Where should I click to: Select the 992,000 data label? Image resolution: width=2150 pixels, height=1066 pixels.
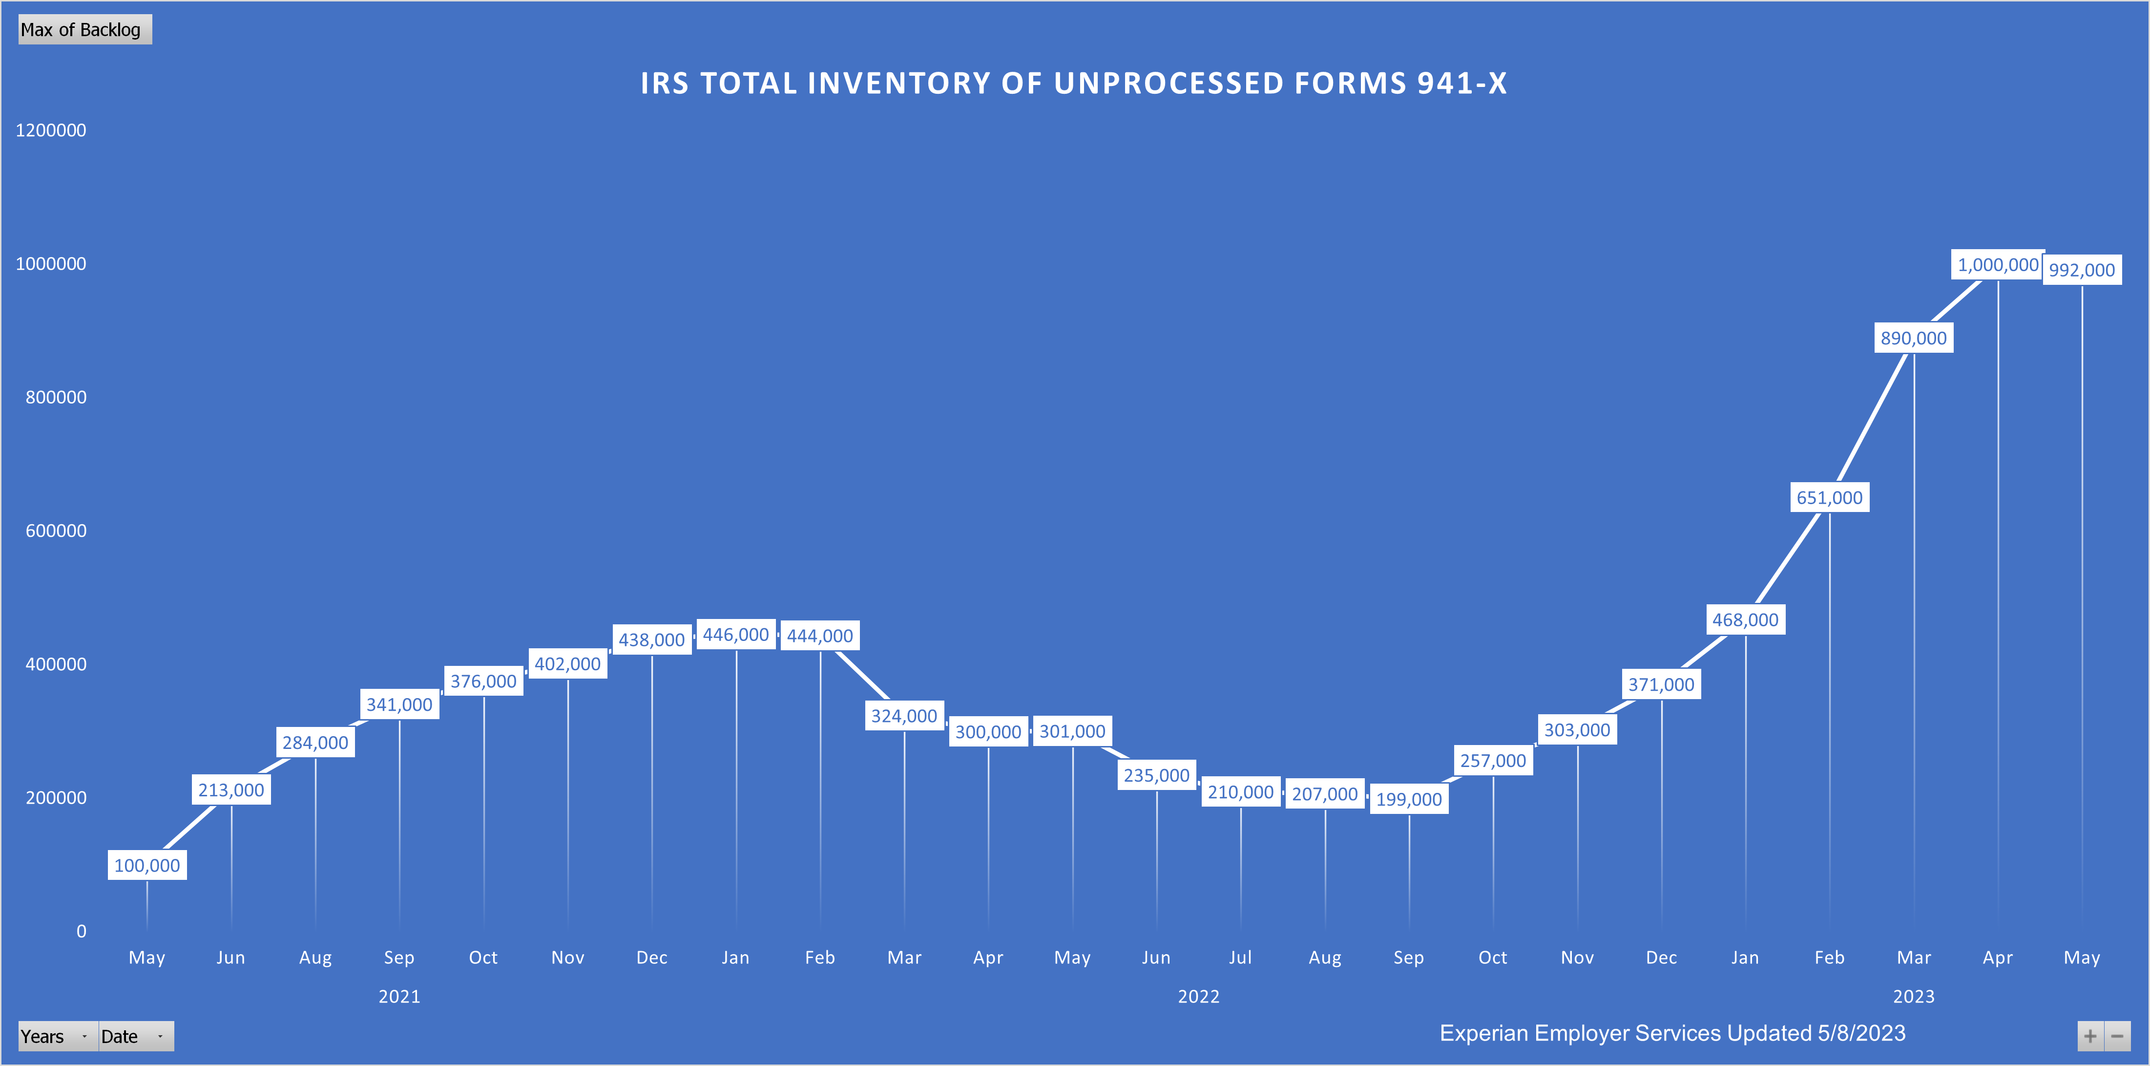[x=2082, y=270]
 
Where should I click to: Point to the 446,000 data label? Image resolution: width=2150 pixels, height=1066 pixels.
[x=735, y=635]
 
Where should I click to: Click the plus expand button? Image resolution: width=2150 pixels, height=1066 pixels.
[x=2090, y=1036]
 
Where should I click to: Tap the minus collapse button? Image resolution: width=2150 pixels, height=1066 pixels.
[x=2117, y=1036]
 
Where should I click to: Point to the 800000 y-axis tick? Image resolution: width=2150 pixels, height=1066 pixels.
[x=56, y=397]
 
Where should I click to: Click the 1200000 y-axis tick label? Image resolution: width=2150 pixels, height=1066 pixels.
[x=51, y=130]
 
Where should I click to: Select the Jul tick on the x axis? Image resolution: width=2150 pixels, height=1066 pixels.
[x=1240, y=958]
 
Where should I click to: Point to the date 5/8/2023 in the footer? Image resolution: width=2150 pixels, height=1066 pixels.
[x=1861, y=1033]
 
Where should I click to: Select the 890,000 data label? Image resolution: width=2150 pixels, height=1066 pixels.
[x=1914, y=338]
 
